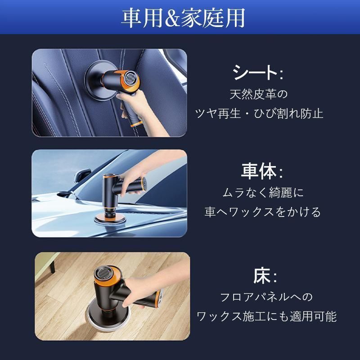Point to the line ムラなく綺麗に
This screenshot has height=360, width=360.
(263, 193)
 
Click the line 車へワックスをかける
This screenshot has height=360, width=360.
(263, 212)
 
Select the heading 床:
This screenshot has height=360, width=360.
(265, 276)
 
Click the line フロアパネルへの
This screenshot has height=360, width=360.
(266, 298)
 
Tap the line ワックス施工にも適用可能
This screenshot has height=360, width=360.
(266, 316)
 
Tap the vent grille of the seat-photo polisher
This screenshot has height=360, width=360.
(129, 79)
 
